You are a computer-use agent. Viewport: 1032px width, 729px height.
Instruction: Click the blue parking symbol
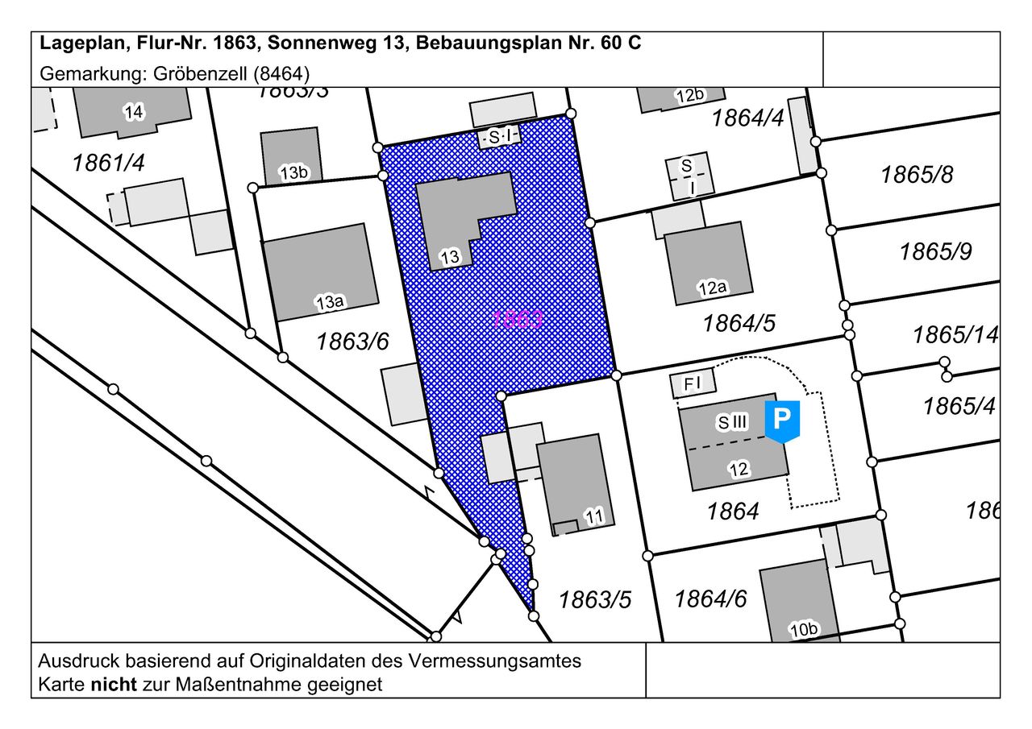click(x=781, y=420)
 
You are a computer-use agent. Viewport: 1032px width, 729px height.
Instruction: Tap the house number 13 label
click(x=450, y=258)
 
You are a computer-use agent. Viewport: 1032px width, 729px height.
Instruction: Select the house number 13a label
click(x=330, y=303)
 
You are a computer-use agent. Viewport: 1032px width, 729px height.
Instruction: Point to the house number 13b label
click(x=293, y=172)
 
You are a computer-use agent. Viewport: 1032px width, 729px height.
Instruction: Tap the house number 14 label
click(x=134, y=113)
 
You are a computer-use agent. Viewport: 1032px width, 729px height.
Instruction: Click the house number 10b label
click(x=804, y=630)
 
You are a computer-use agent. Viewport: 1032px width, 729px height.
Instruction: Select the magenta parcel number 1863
click(x=518, y=319)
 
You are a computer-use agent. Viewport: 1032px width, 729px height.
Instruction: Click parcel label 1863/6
click(x=352, y=342)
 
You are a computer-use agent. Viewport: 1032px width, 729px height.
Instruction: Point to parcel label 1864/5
click(x=739, y=324)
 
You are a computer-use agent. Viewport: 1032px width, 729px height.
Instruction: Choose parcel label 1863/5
click(x=595, y=600)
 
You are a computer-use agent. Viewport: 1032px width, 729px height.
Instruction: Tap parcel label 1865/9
click(x=935, y=252)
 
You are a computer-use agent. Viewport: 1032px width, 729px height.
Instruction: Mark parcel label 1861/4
click(x=108, y=164)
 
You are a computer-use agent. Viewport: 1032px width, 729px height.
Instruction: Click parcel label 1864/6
click(x=710, y=599)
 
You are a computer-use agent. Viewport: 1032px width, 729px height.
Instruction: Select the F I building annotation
click(x=693, y=384)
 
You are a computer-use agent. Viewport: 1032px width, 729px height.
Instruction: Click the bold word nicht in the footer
click(x=114, y=686)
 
